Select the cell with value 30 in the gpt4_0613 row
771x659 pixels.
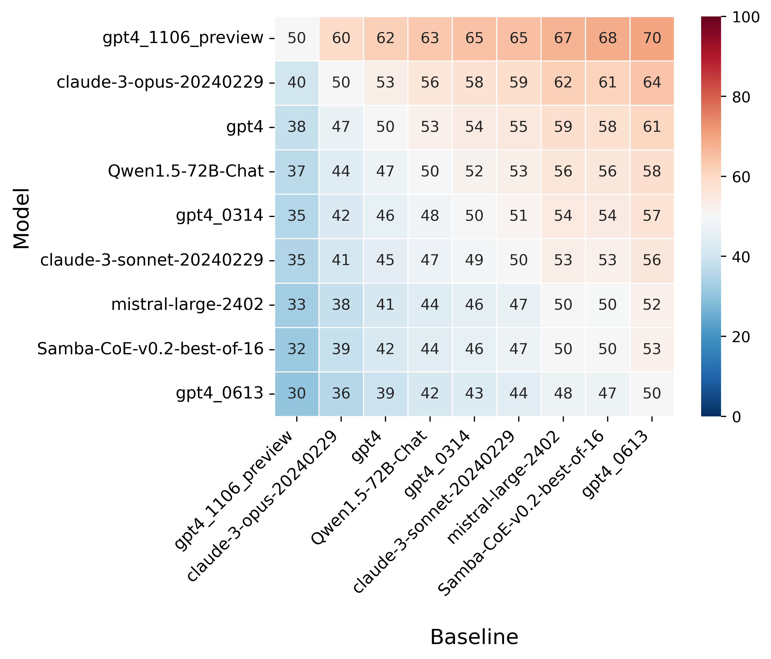coord(297,393)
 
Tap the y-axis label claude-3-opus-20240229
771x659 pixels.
coord(160,82)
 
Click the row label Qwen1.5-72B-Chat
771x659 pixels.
coord(186,171)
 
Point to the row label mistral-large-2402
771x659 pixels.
coord(187,305)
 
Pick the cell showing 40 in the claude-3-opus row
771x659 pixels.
coord(297,82)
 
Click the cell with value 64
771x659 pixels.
coord(652,82)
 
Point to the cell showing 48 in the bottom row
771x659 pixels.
coord(563,393)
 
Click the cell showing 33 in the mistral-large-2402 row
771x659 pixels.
coord(297,305)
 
